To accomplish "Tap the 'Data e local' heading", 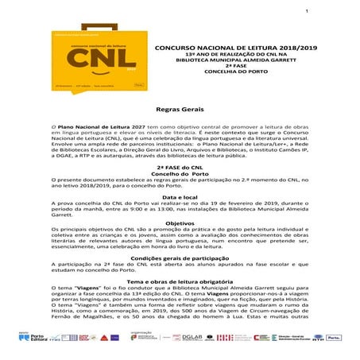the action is point(180,196).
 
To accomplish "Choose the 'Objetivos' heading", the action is point(180,223).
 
